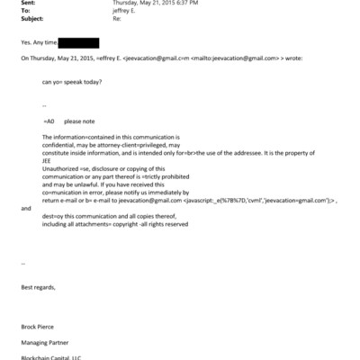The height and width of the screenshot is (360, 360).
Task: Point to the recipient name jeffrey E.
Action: coord(126,11)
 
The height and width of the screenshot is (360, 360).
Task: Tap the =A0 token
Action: coord(49,121)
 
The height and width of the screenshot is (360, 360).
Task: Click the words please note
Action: coord(79,121)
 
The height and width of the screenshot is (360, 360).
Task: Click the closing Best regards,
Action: coord(38,286)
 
